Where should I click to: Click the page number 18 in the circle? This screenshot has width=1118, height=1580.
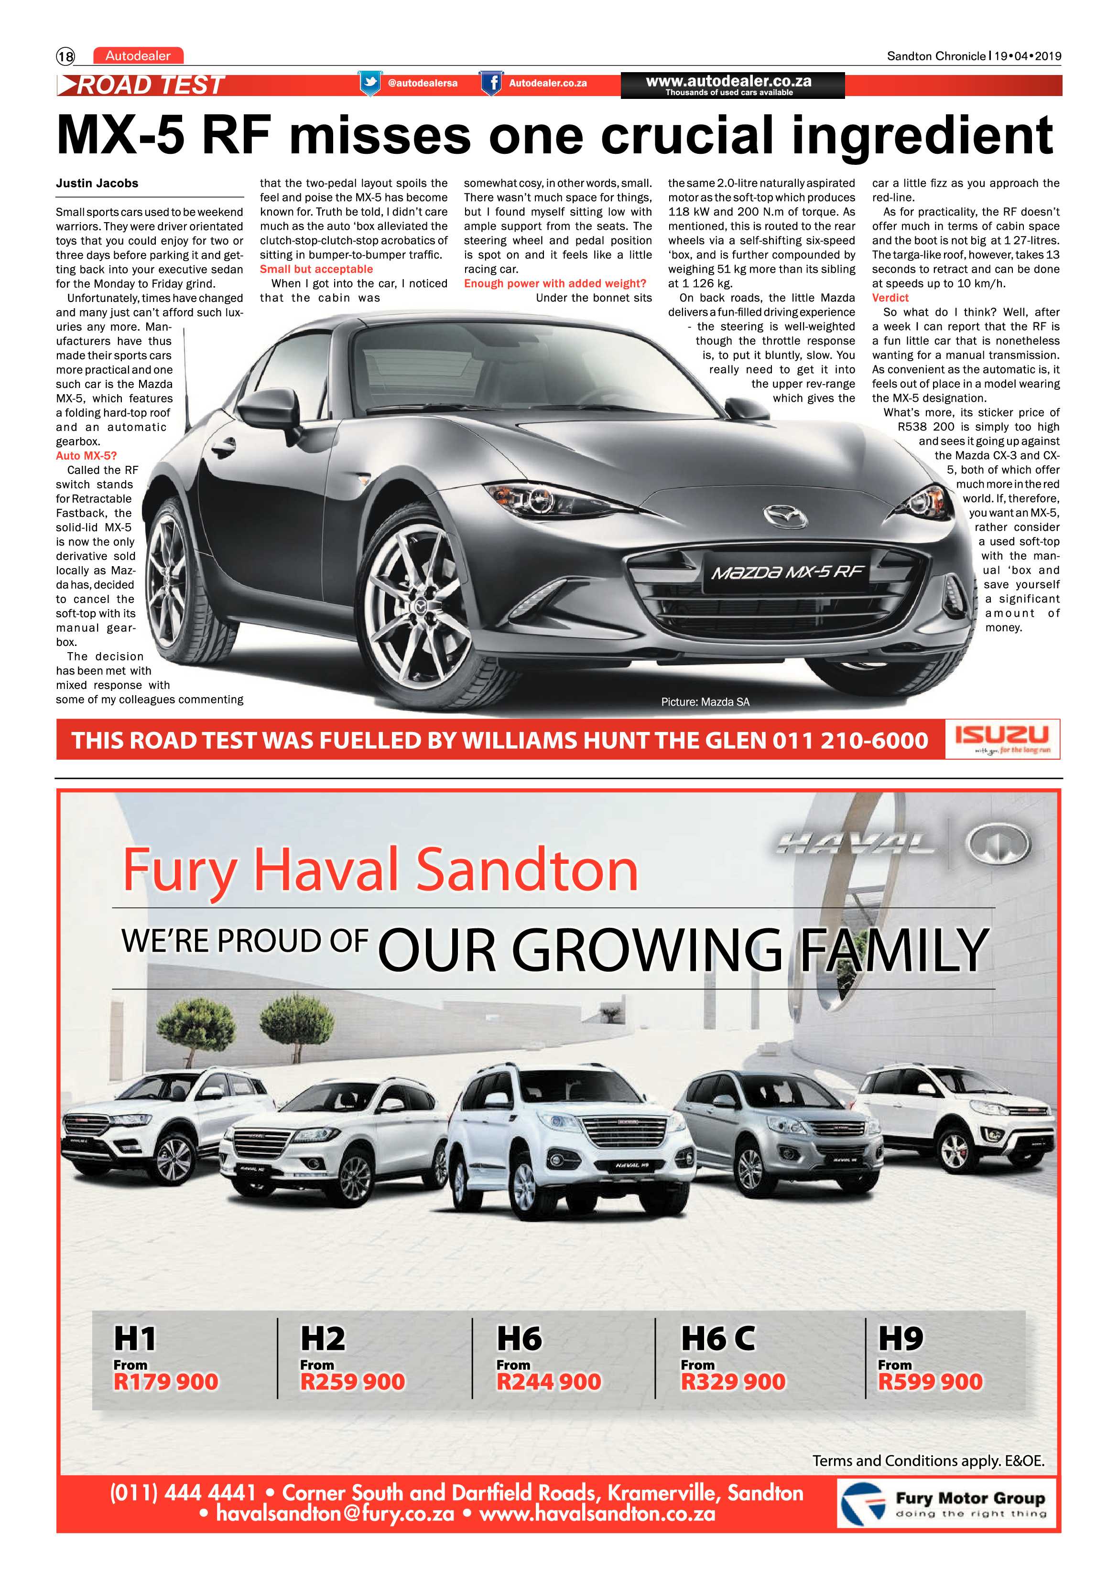click(65, 56)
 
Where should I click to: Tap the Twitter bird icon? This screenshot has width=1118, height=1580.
click(370, 83)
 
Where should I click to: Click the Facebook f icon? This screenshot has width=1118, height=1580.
click(491, 83)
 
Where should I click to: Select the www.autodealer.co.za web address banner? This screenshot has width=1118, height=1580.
click(732, 85)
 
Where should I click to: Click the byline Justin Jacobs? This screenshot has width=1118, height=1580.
click(97, 183)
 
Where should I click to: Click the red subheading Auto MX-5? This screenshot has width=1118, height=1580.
click(86, 455)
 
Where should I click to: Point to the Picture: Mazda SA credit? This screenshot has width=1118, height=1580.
click(705, 702)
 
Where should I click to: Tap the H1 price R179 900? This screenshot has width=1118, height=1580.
click(166, 1382)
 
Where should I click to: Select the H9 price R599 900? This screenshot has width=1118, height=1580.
click(930, 1382)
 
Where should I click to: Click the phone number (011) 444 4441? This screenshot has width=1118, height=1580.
click(183, 1493)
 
